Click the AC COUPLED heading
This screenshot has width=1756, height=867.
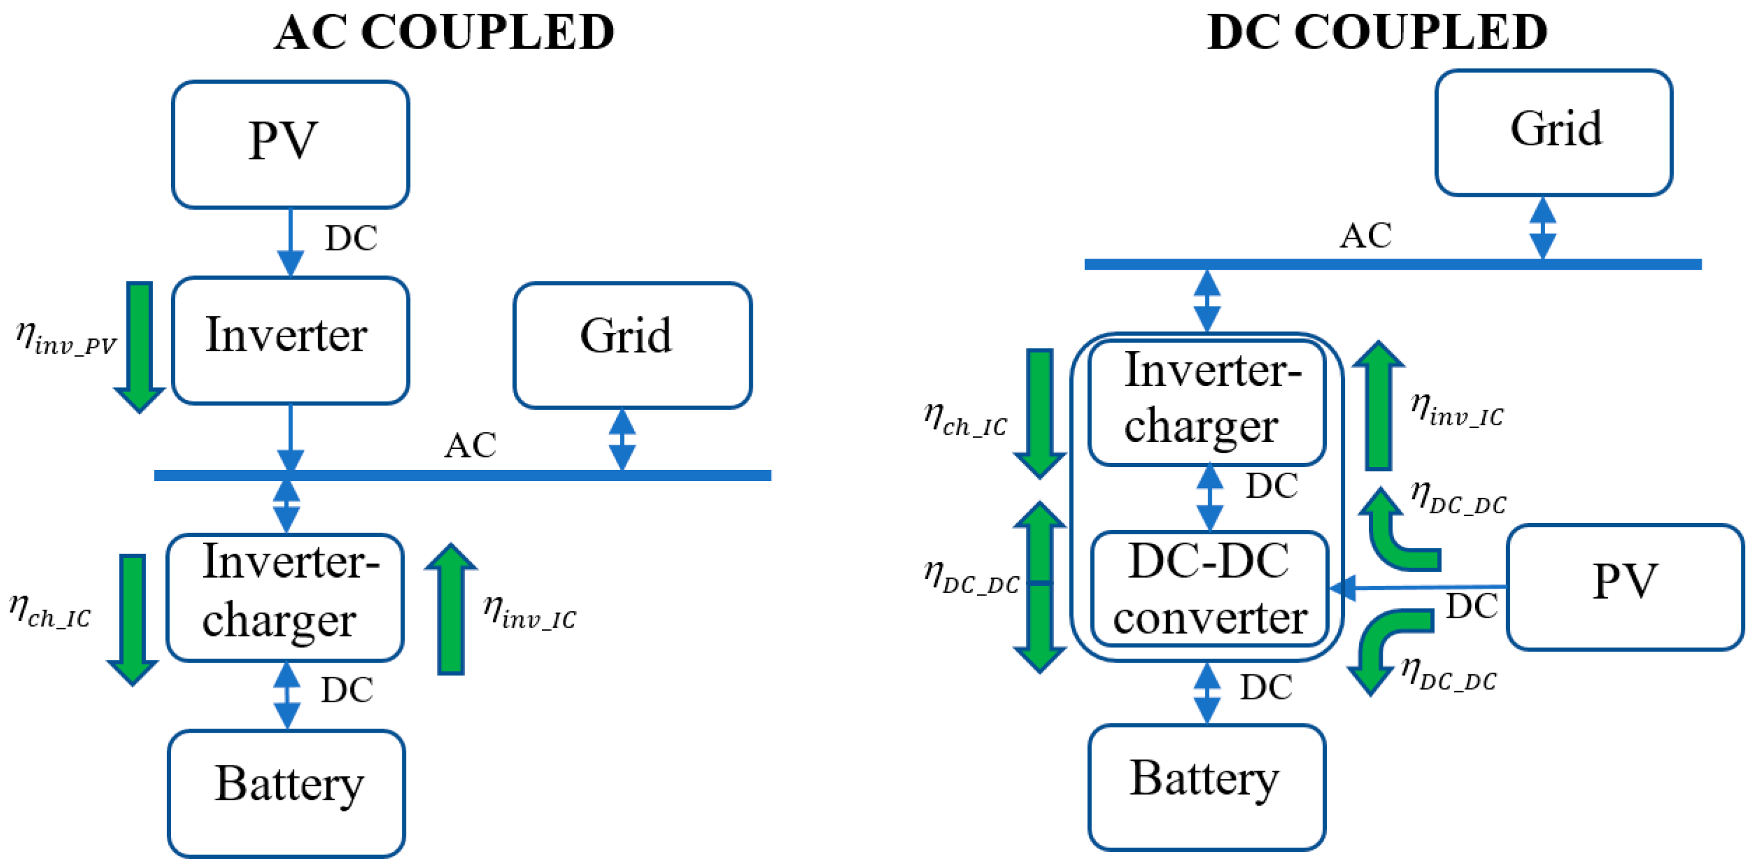(x=444, y=32)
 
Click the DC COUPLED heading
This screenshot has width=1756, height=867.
(x=1377, y=32)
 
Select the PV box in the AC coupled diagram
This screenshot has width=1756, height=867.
(x=290, y=144)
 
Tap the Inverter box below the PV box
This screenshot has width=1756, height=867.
(x=290, y=339)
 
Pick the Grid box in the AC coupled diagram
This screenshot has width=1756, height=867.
(x=632, y=345)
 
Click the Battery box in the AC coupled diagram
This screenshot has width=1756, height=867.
(x=286, y=793)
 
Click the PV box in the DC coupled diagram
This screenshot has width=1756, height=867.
(x=1625, y=587)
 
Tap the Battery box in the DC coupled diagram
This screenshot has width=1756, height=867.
(x=1206, y=787)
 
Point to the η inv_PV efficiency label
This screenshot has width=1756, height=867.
(x=66, y=339)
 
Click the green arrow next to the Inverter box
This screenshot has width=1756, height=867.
(x=139, y=346)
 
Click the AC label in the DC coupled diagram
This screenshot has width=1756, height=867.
(x=1365, y=236)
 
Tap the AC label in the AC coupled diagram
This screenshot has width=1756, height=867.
(x=470, y=446)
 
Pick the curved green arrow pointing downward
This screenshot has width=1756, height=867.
(x=1387, y=647)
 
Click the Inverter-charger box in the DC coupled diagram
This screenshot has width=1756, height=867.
(x=1206, y=402)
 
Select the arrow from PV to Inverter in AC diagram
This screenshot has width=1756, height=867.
(x=290, y=242)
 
